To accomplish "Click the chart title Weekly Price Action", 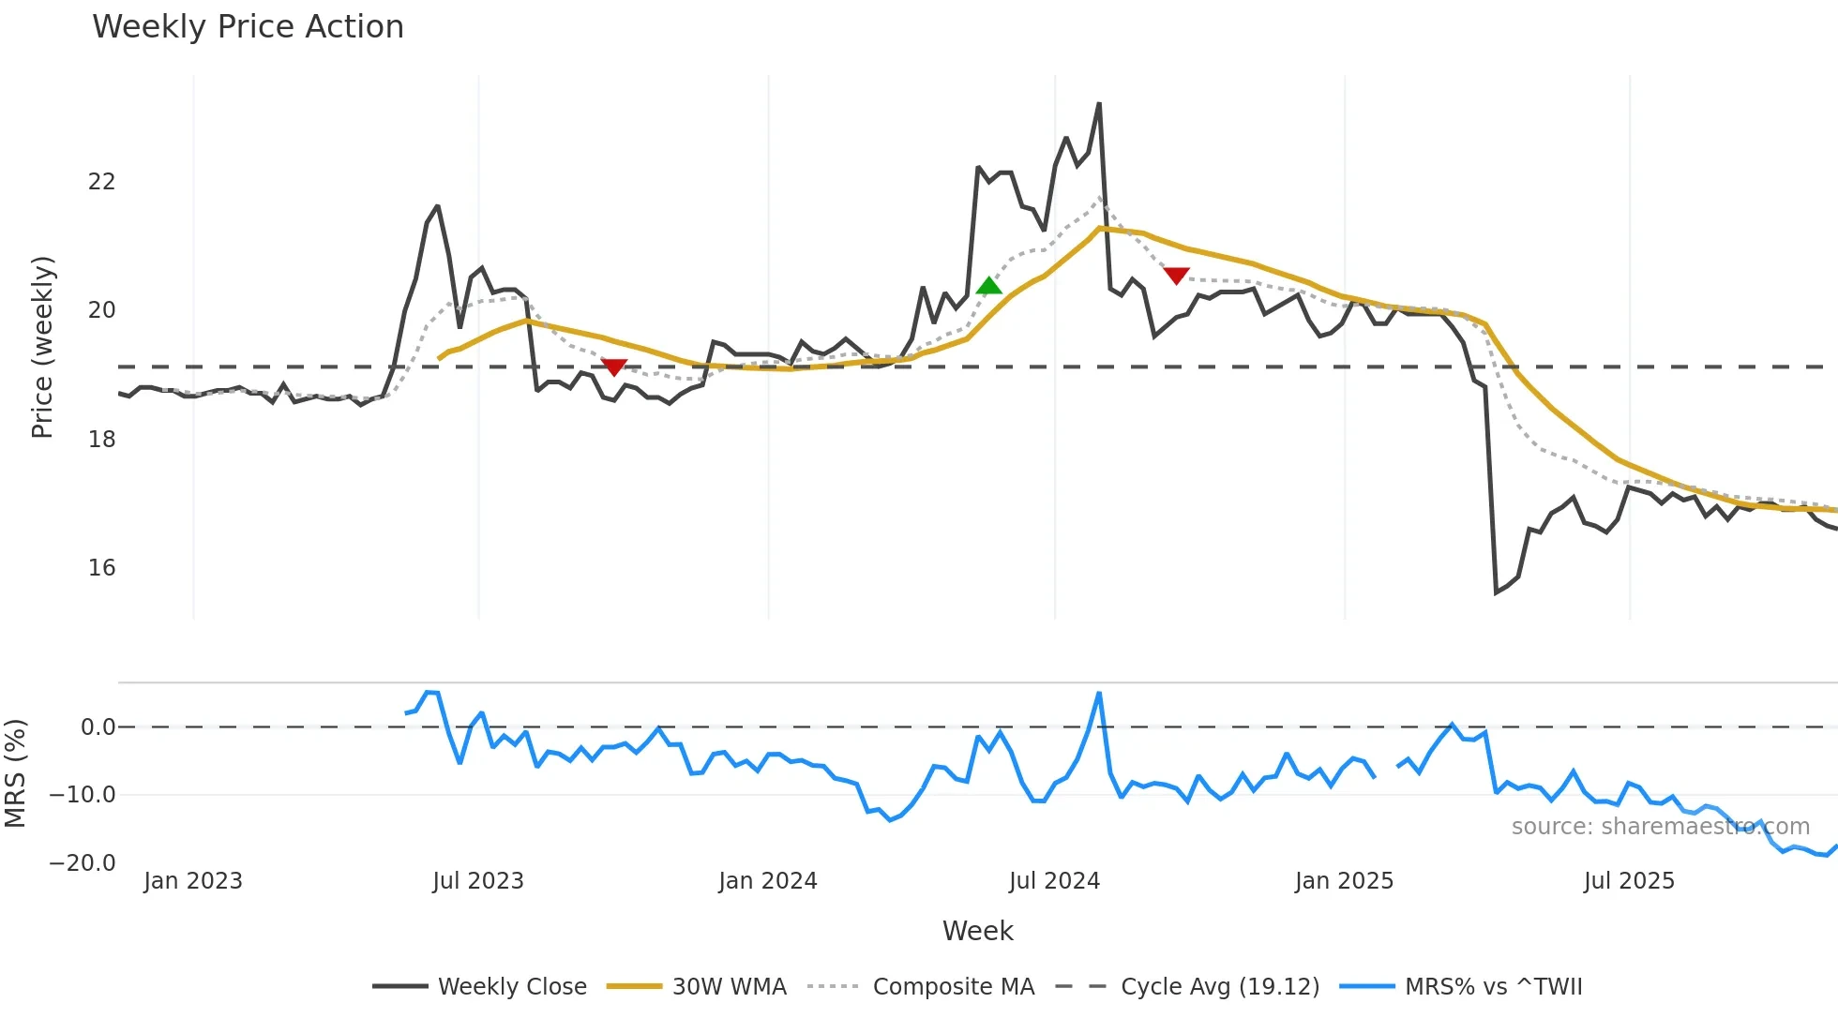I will [248, 27].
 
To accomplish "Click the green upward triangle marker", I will [988, 285].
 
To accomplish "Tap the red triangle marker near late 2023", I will [613, 367].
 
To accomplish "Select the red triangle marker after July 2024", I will [1176, 276].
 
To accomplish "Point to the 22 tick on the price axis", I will [101, 182].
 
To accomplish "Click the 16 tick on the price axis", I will [101, 568].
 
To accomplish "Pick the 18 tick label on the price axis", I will [101, 440].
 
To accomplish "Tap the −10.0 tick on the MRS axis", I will [82, 795].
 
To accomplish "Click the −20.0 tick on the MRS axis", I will [82, 863].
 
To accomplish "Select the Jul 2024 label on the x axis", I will [1054, 881].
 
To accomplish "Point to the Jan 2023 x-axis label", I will [193, 881].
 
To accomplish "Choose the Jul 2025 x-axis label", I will [1629, 881].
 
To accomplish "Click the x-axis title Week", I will [977, 931].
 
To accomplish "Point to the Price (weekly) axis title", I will [42, 347].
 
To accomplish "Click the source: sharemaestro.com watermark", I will [1660, 827].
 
